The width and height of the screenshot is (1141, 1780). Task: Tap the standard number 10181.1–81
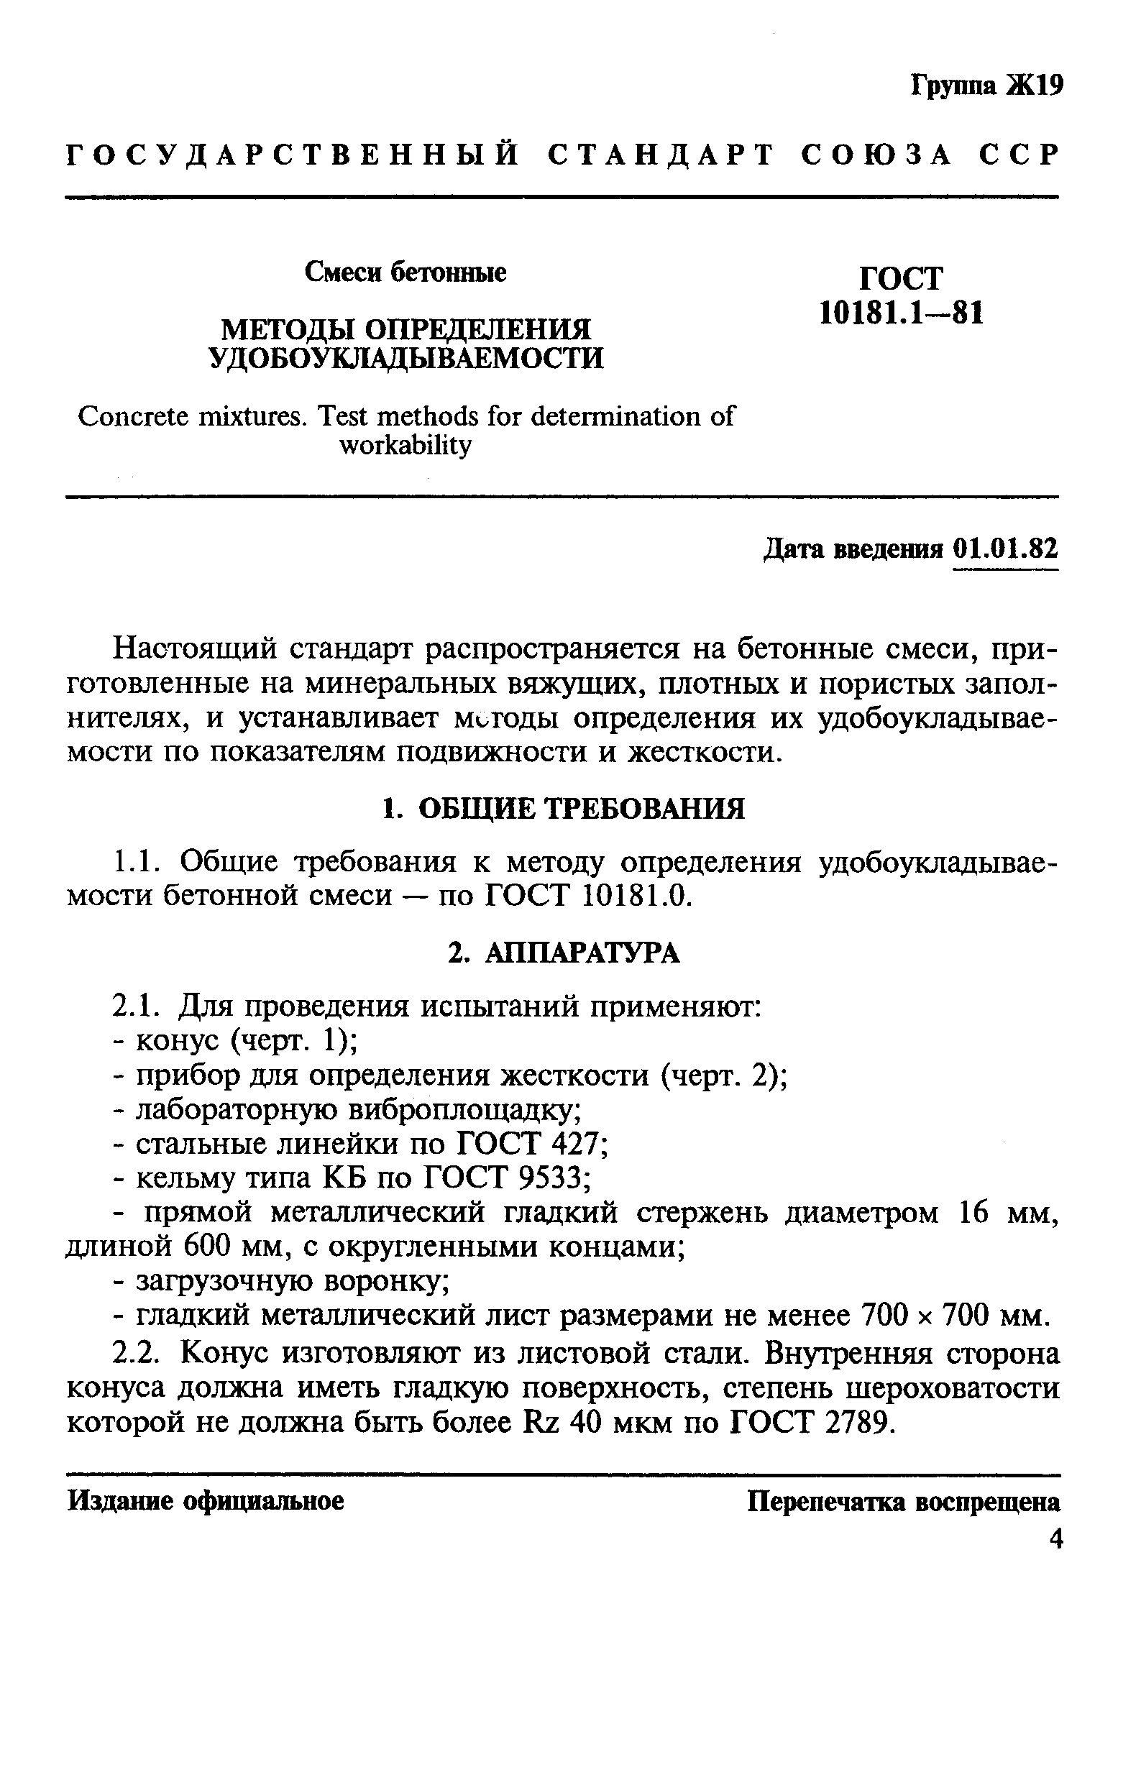pos(902,314)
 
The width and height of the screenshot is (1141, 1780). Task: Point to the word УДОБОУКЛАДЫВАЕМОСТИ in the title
pos(407,358)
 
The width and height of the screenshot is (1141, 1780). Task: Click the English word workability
pos(405,446)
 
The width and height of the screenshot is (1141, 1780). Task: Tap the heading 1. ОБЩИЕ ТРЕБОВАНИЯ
pos(563,809)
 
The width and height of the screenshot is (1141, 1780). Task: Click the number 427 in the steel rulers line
pos(579,1144)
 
